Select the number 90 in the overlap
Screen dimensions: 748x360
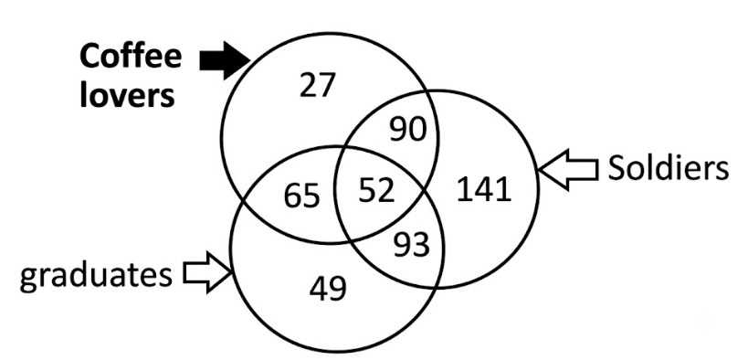click(x=407, y=130)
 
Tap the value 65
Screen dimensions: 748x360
click(x=301, y=196)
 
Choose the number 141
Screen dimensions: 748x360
click(x=484, y=189)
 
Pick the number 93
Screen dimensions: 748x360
click(x=411, y=246)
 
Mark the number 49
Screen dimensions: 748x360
click(x=327, y=289)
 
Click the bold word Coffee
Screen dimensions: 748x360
click(x=131, y=57)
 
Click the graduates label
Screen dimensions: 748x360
click(x=95, y=276)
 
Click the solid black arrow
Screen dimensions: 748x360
click(x=224, y=60)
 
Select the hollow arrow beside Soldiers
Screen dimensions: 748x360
click(x=568, y=170)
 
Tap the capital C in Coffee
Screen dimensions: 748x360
click(x=90, y=58)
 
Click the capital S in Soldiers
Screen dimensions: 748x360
click(x=616, y=169)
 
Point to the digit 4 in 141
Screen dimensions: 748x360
click(x=484, y=190)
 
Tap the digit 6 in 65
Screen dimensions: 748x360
click(x=292, y=196)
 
